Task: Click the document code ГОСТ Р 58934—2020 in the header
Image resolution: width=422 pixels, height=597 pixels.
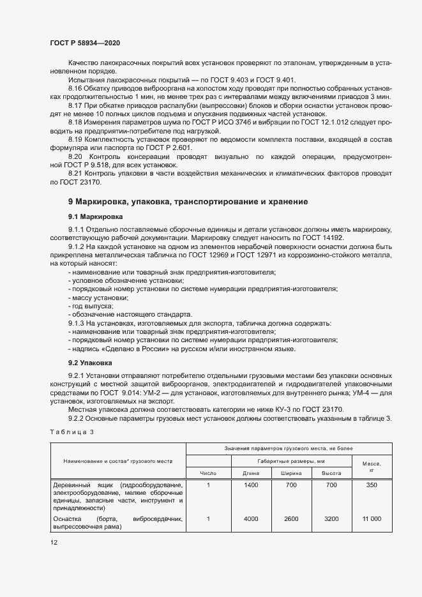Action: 84,42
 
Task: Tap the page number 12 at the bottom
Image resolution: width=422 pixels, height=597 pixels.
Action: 54,542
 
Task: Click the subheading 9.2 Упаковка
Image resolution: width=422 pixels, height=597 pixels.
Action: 91,362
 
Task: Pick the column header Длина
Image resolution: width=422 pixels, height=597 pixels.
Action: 251,473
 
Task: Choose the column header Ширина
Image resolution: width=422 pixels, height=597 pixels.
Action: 291,473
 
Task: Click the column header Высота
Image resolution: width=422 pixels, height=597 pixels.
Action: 331,473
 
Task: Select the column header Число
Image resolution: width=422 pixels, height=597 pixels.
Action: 209,473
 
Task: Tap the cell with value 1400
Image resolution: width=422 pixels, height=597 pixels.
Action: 251,486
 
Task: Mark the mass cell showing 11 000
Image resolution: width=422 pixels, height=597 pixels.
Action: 371,519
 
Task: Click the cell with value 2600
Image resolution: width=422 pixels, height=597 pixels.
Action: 291,519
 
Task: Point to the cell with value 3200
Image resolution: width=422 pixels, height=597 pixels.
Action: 331,519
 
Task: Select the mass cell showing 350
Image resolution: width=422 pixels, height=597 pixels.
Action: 371,486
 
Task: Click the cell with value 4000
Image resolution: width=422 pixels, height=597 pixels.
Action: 251,519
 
